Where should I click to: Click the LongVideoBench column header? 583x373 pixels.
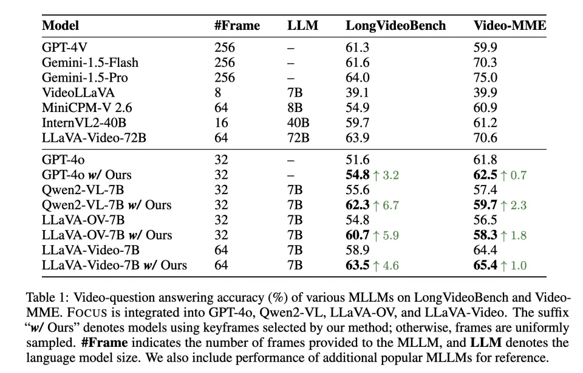click(x=395, y=26)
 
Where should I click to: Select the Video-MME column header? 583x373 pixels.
click(x=510, y=26)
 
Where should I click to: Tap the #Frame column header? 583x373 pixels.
click(x=237, y=26)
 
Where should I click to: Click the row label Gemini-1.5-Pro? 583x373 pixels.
click(x=84, y=77)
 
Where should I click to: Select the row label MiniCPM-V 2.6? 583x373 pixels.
click(x=86, y=108)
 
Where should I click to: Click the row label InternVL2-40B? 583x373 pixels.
click(x=85, y=123)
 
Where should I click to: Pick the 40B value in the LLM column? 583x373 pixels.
click(x=298, y=123)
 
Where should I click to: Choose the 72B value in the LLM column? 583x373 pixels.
click(x=298, y=138)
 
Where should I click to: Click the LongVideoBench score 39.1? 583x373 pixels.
click(x=358, y=92)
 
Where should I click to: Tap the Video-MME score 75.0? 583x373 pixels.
click(x=485, y=77)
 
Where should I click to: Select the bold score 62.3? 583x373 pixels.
click(x=358, y=204)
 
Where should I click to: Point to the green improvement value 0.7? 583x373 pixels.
click(x=517, y=175)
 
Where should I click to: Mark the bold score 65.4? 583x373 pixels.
click(x=486, y=265)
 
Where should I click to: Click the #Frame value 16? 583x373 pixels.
click(x=221, y=123)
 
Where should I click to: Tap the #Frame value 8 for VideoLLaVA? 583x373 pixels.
click(x=218, y=92)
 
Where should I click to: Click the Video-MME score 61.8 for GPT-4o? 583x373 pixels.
click(x=485, y=160)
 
